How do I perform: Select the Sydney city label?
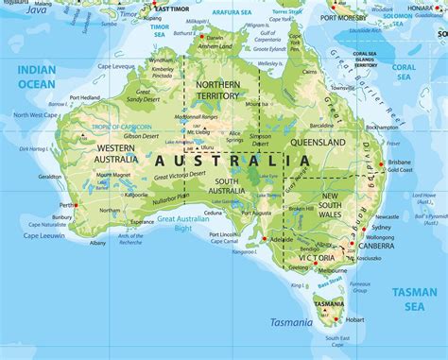tap(381, 228)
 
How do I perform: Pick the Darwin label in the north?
tap(201, 36)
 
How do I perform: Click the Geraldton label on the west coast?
tap(51, 177)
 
